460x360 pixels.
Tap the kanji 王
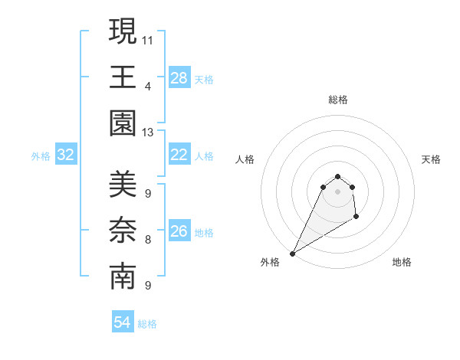123,77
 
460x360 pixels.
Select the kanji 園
123,123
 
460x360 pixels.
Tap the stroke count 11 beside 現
148,39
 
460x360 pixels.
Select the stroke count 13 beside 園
148,133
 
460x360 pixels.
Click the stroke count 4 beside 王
148,86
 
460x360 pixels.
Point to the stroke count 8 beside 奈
148,240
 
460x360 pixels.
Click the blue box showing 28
179,78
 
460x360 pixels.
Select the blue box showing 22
179,155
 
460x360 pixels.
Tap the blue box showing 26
179,232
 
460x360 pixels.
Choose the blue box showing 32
66,155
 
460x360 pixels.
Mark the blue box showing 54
123,323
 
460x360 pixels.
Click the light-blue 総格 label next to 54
148,324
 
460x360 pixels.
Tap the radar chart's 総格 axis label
337,100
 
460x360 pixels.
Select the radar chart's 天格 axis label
432,159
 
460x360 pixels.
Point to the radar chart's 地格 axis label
402,262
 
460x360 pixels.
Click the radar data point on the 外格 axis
292,253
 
